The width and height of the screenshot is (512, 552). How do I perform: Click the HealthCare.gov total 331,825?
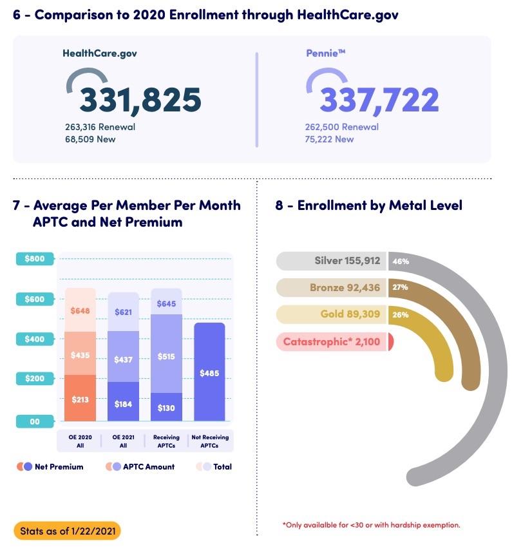pyautogui.click(x=140, y=100)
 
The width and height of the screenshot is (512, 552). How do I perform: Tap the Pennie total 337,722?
pyautogui.click(x=379, y=100)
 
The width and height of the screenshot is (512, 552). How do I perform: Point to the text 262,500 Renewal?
pyautogui.click(x=341, y=127)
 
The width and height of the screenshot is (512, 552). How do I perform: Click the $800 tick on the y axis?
pyautogui.click(x=35, y=259)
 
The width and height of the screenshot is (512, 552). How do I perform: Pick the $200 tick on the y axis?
pyautogui.click(x=35, y=378)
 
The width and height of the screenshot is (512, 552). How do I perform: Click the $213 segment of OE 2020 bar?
pyautogui.click(x=81, y=399)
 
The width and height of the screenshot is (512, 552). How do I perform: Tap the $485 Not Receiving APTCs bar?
pyautogui.click(x=209, y=372)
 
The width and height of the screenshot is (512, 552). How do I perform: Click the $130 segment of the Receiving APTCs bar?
pyautogui.click(x=166, y=407)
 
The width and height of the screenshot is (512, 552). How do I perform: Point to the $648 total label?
pyautogui.click(x=81, y=311)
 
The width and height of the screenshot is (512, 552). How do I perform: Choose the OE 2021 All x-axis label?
pyautogui.click(x=123, y=441)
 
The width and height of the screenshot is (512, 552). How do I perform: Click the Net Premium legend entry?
pyautogui.click(x=51, y=467)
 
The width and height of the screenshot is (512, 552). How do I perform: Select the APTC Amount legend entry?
pyautogui.click(x=141, y=467)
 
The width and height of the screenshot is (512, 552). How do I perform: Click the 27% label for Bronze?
pyautogui.click(x=400, y=287)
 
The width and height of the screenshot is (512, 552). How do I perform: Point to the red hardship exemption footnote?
pyautogui.click(x=371, y=525)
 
